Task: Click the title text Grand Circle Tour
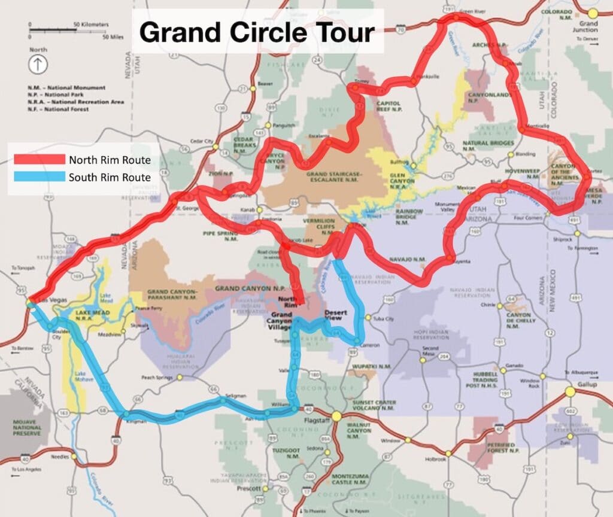257,33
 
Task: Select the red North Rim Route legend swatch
39,159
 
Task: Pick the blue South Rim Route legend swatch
39,177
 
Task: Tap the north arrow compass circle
38,64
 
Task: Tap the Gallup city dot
569,392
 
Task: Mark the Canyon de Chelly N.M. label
518,319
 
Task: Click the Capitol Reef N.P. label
388,106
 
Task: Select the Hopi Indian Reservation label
430,333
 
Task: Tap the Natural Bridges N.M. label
488,143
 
